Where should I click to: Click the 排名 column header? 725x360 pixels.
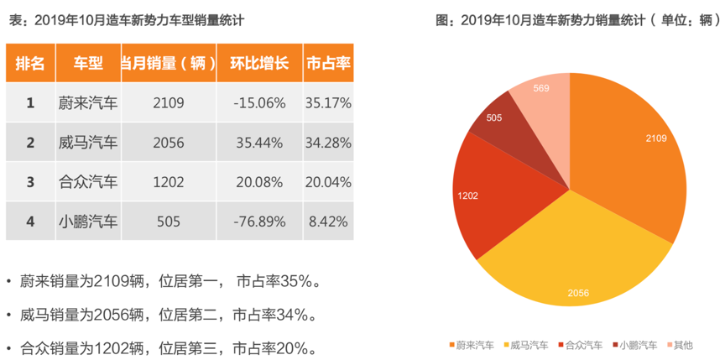30,63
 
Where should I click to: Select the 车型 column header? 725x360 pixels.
88,63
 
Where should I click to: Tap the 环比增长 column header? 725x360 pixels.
259,63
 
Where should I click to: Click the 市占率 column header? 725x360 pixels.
328,63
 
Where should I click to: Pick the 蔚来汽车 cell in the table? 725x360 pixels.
88,103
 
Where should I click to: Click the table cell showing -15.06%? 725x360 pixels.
259,103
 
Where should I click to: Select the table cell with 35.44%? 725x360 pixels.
259,143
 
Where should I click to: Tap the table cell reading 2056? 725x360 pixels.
169,143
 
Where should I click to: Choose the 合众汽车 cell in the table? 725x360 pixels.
88,182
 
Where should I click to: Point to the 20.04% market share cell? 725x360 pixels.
328,182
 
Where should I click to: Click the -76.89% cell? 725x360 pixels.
259,222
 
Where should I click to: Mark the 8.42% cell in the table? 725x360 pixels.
328,222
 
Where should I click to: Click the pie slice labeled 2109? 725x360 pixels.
629,151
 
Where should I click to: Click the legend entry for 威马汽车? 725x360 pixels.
529,345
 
